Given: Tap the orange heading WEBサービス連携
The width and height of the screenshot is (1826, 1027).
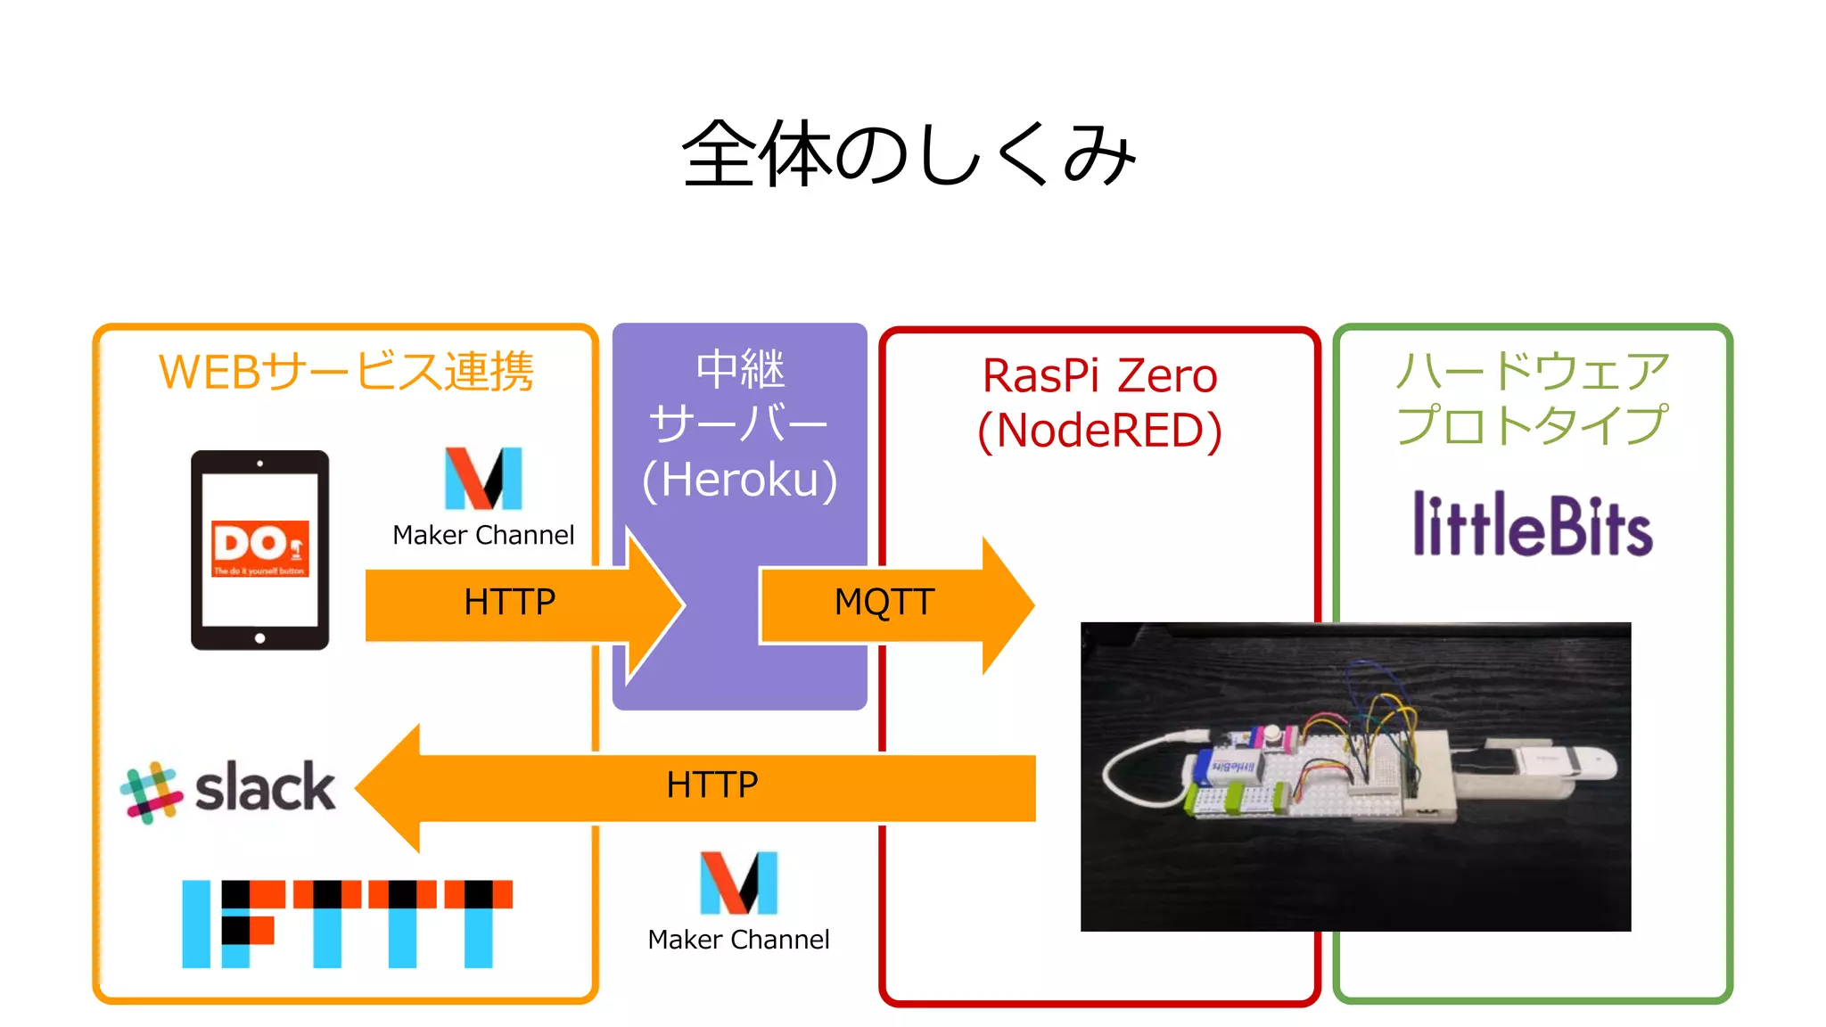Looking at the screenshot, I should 346,372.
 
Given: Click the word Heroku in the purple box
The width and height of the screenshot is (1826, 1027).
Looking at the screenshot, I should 740,480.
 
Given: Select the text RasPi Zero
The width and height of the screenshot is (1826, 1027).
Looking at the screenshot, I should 1099,375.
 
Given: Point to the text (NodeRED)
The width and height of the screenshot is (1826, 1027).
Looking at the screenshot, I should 1099,431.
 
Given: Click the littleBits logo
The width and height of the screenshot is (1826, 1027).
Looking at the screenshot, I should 1533,525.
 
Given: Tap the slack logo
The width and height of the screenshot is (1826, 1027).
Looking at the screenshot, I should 229,790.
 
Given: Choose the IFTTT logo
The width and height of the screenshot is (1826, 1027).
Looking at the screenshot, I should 347,923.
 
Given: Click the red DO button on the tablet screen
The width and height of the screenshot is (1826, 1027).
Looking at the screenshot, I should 259,548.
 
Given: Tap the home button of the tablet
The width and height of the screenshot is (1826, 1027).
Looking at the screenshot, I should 259,637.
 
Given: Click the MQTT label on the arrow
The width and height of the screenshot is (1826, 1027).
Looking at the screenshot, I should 884,603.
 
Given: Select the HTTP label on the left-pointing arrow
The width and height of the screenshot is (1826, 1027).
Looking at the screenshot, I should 711,785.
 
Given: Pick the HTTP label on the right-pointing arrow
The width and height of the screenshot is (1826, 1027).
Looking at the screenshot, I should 509,603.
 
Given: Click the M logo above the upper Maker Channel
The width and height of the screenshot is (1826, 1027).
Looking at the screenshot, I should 483,478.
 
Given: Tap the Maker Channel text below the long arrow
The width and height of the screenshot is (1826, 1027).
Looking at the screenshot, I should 738,940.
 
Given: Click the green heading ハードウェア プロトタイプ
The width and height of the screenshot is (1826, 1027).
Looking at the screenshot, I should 1532,397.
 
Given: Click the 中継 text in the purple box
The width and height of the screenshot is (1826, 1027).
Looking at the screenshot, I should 740,370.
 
